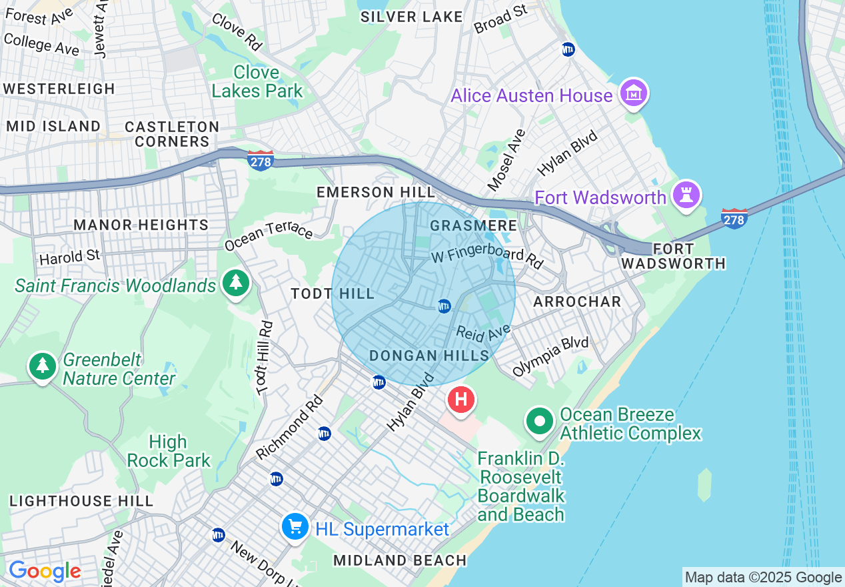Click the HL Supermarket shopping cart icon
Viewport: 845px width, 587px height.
(295, 527)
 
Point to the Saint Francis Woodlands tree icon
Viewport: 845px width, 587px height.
(235, 283)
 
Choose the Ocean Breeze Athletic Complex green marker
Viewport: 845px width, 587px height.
(540, 421)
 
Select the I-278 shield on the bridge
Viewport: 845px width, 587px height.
(734, 217)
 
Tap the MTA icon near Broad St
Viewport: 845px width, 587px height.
(568, 49)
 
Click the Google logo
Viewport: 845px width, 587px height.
(45, 572)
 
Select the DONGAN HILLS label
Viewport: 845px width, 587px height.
(430, 356)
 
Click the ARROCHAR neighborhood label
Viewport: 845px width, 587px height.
(577, 302)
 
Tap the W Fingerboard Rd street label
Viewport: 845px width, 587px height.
(487, 256)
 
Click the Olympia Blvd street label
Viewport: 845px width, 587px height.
(550, 356)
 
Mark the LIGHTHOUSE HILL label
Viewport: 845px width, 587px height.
(81, 501)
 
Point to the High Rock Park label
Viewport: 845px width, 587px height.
(169, 451)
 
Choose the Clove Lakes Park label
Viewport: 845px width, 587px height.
(257, 81)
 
